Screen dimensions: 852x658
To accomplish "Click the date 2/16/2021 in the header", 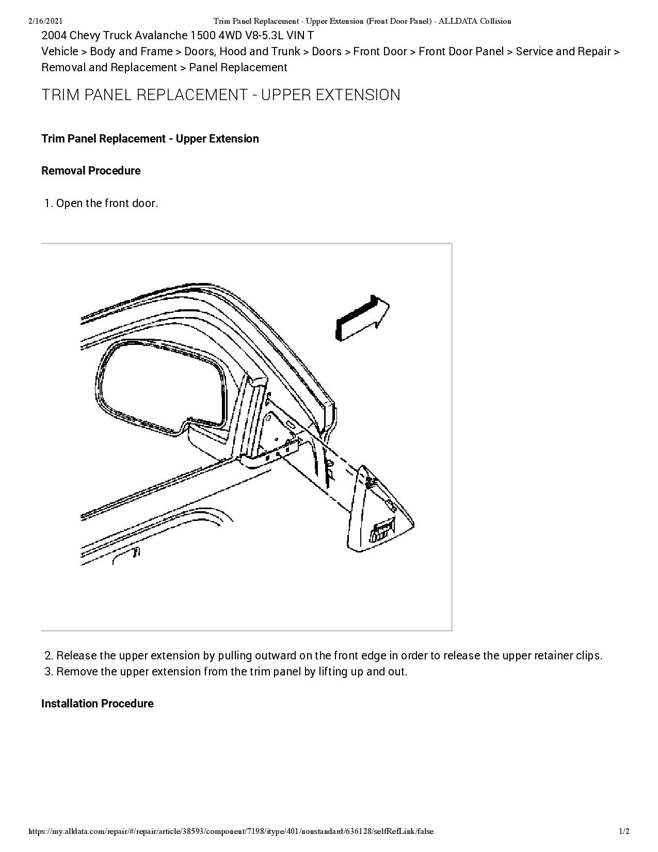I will (x=46, y=21).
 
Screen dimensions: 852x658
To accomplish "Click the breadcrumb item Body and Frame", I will (x=131, y=52).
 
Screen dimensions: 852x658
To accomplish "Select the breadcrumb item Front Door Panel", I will (x=461, y=52).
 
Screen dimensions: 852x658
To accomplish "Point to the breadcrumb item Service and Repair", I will (x=563, y=52).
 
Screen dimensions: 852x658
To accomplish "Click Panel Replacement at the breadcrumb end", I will (x=238, y=68).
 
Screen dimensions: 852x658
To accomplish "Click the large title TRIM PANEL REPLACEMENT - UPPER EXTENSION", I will (x=221, y=95).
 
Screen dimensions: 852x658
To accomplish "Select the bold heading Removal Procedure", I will (x=91, y=171).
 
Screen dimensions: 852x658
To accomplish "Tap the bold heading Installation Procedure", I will (x=97, y=704).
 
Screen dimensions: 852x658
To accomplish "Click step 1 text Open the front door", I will (x=107, y=203).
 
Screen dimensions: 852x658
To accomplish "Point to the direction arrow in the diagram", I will (x=362, y=318).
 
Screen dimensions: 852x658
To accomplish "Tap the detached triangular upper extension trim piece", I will (x=380, y=511).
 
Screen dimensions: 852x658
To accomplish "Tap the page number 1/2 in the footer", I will (x=624, y=831).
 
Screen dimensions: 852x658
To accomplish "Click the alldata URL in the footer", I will (x=231, y=831).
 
